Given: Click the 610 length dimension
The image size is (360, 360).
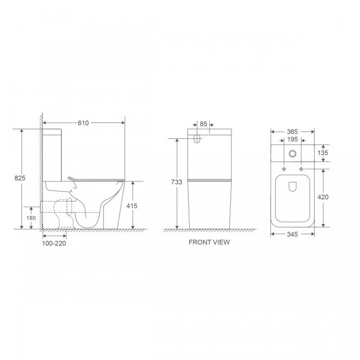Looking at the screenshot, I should (84, 122).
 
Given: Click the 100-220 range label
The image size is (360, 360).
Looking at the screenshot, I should (53, 243).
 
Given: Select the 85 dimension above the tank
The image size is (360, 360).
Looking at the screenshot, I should (203, 123).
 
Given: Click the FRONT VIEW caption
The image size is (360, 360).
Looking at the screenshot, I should (209, 242).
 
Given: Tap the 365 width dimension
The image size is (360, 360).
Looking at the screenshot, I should (293, 132).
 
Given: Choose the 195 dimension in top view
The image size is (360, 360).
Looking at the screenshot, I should (292, 139).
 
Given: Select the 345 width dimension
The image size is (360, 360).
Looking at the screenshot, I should (292, 235).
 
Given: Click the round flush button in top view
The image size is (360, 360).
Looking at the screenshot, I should (293, 153).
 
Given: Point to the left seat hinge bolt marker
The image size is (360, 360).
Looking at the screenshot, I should (283, 169).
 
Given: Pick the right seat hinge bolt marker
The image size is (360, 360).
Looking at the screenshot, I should (301, 169).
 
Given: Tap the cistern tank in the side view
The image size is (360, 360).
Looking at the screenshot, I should (52, 154).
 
